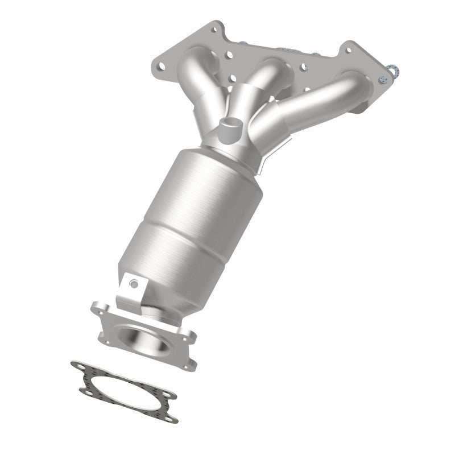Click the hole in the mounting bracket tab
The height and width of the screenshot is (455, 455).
click(132, 283)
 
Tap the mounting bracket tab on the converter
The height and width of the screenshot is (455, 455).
click(130, 289)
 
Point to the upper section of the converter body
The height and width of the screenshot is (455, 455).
click(213, 182)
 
